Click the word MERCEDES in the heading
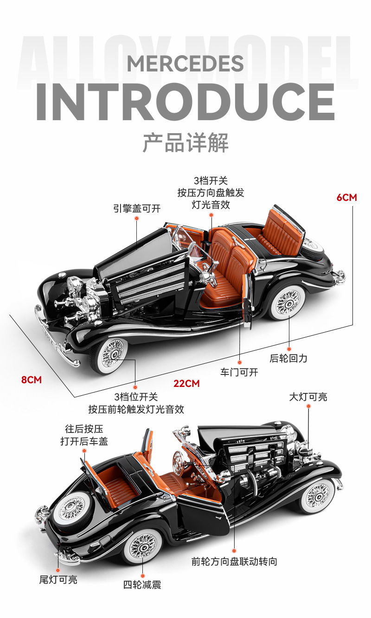coord(185,64)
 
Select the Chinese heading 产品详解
coord(185,142)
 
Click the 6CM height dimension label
coord(346,197)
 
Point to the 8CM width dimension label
coord(32,380)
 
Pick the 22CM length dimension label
coord(186,384)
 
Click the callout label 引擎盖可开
coord(137,209)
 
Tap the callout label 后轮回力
coord(288,358)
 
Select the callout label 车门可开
coord(239,372)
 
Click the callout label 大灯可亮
coord(308,397)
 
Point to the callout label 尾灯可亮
coord(58,579)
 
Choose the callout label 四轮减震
coord(142,585)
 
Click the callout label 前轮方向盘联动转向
coord(234,561)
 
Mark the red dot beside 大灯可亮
coord(308,406)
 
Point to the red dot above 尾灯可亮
coord(58,570)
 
